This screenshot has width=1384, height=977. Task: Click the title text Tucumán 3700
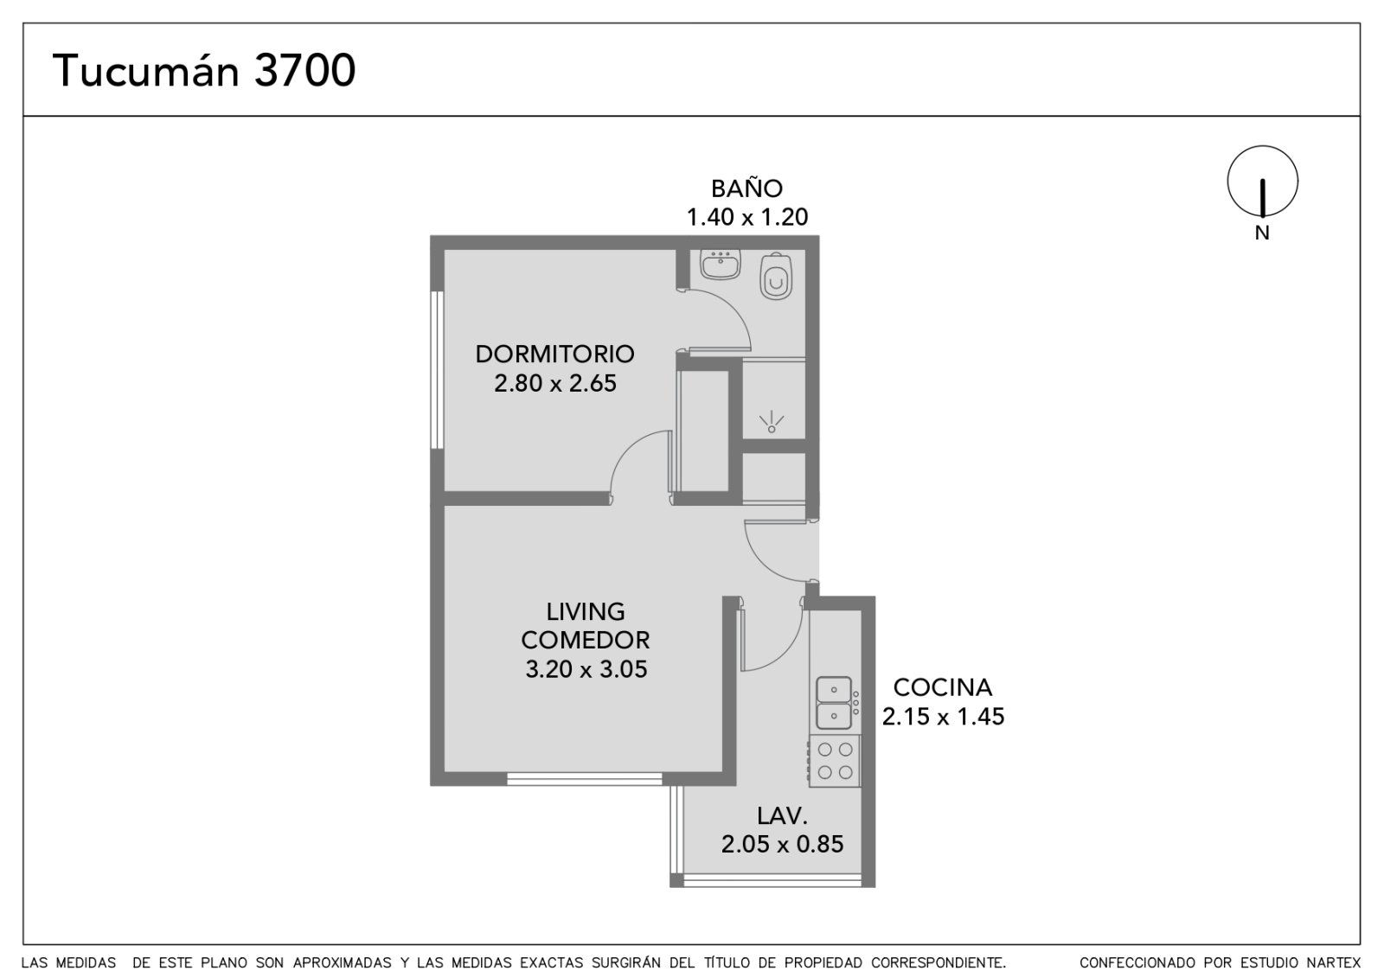(x=204, y=70)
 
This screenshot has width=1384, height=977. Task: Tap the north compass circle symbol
(x=1262, y=146)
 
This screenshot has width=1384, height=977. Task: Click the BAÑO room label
(x=746, y=188)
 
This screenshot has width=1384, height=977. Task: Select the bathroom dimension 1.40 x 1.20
(x=747, y=217)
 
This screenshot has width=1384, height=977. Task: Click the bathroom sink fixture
(x=720, y=265)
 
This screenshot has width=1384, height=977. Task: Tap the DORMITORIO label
(x=554, y=354)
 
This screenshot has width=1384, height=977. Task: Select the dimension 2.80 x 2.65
(x=554, y=384)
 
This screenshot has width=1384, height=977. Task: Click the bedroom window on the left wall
(x=438, y=370)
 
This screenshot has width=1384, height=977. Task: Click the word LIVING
(x=585, y=611)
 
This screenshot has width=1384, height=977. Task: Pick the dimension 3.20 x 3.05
(x=586, y=669)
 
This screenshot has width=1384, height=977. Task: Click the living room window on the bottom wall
(x=585, y=779)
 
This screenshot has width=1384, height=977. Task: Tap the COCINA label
(x=942, y=687)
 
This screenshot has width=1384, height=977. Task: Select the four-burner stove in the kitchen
(x=834, y=761)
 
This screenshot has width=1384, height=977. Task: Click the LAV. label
(x=782, y=816)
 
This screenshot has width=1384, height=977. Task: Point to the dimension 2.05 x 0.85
(x=782, y=844)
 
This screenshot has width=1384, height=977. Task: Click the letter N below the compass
(x=1262, y=233)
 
